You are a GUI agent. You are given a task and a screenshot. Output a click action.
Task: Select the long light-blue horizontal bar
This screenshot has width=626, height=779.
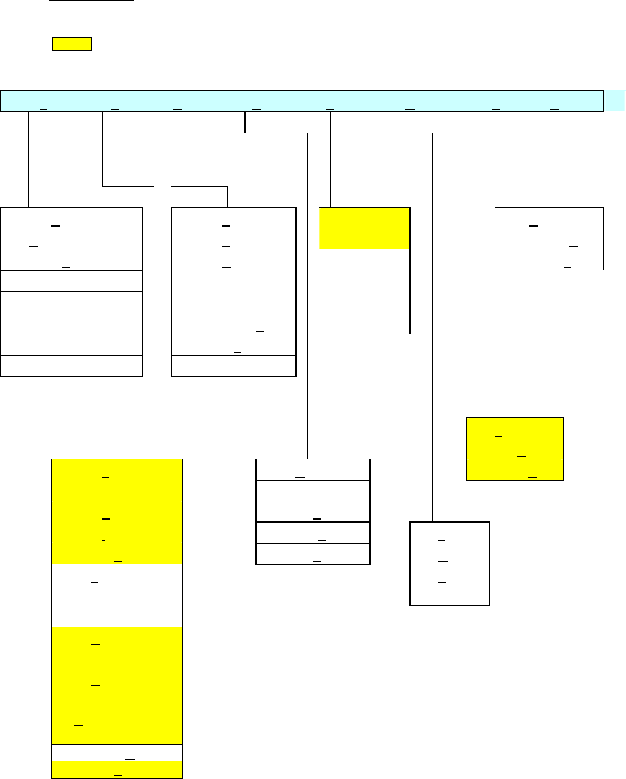(302, 100)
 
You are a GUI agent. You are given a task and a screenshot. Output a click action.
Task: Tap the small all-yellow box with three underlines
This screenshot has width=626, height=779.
(515, 449)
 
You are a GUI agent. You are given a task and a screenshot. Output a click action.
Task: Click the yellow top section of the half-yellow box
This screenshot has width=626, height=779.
(364, 228)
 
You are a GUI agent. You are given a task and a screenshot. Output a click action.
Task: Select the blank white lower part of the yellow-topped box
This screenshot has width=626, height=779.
(364, 291)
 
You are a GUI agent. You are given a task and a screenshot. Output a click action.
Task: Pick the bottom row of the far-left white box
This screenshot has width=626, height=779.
(72, 366)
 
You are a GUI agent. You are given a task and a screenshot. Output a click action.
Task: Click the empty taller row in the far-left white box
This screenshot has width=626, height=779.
(72, 334)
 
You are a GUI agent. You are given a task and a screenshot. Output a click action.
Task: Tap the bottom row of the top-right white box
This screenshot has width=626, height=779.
(550, 260)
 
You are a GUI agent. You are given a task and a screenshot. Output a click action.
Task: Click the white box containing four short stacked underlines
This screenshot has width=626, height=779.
(449, 563)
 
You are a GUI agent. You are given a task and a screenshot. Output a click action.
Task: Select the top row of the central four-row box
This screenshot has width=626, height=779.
(313, 470)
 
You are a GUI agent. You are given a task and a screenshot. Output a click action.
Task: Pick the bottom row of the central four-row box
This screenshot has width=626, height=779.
(313, 554)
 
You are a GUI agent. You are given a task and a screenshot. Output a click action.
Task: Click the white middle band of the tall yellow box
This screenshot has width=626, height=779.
(117, 595)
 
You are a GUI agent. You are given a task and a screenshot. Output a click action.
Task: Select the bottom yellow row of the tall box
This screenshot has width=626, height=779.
(117, 770)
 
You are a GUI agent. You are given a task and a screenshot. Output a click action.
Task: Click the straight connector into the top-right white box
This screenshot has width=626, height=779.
(552, 159)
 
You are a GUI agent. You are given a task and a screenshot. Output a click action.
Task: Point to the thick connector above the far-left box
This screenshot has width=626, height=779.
(29, 159)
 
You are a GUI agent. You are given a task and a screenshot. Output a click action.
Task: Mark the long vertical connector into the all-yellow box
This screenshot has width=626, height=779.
(484, 267)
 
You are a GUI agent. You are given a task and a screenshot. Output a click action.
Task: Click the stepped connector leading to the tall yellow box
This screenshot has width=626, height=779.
(154, 316)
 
